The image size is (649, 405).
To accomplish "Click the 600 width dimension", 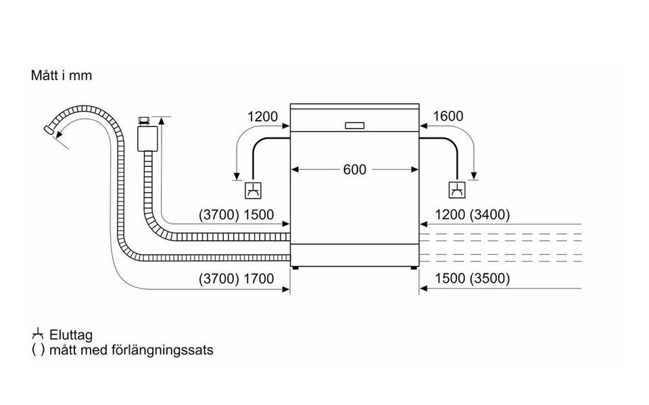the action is (x=355, y=170).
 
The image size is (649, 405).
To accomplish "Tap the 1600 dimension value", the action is (x=448, y=116).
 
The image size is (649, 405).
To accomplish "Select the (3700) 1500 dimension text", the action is (x=237, y=214).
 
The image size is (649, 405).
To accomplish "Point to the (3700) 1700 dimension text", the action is (x=237, y=279).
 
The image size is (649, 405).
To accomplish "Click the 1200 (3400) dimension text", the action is (x=473, y=214).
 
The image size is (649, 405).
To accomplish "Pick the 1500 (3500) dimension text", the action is (x=473, y=279).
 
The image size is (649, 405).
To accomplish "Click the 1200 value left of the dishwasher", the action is (x=262, y=116).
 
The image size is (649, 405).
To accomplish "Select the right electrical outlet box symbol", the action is (x=458, y=190).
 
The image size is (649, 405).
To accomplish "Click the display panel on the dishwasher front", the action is (x=354, y=126).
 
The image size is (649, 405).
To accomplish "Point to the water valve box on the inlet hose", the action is (x=147, y=139).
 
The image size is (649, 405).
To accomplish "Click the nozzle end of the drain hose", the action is (x=49, y=130).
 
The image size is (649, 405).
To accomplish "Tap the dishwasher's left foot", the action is (x=295, y=268).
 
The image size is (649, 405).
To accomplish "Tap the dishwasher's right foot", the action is (x=414, y=268).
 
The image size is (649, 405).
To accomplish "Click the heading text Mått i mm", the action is (x=62, y=75).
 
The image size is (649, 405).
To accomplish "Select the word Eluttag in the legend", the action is (x=71, y=335).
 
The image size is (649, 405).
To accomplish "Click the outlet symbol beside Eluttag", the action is (x=38, y=334).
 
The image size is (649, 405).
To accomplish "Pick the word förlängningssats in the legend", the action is (x=163, y=350).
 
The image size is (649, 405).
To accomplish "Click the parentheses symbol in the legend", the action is (x=38, y=350).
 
